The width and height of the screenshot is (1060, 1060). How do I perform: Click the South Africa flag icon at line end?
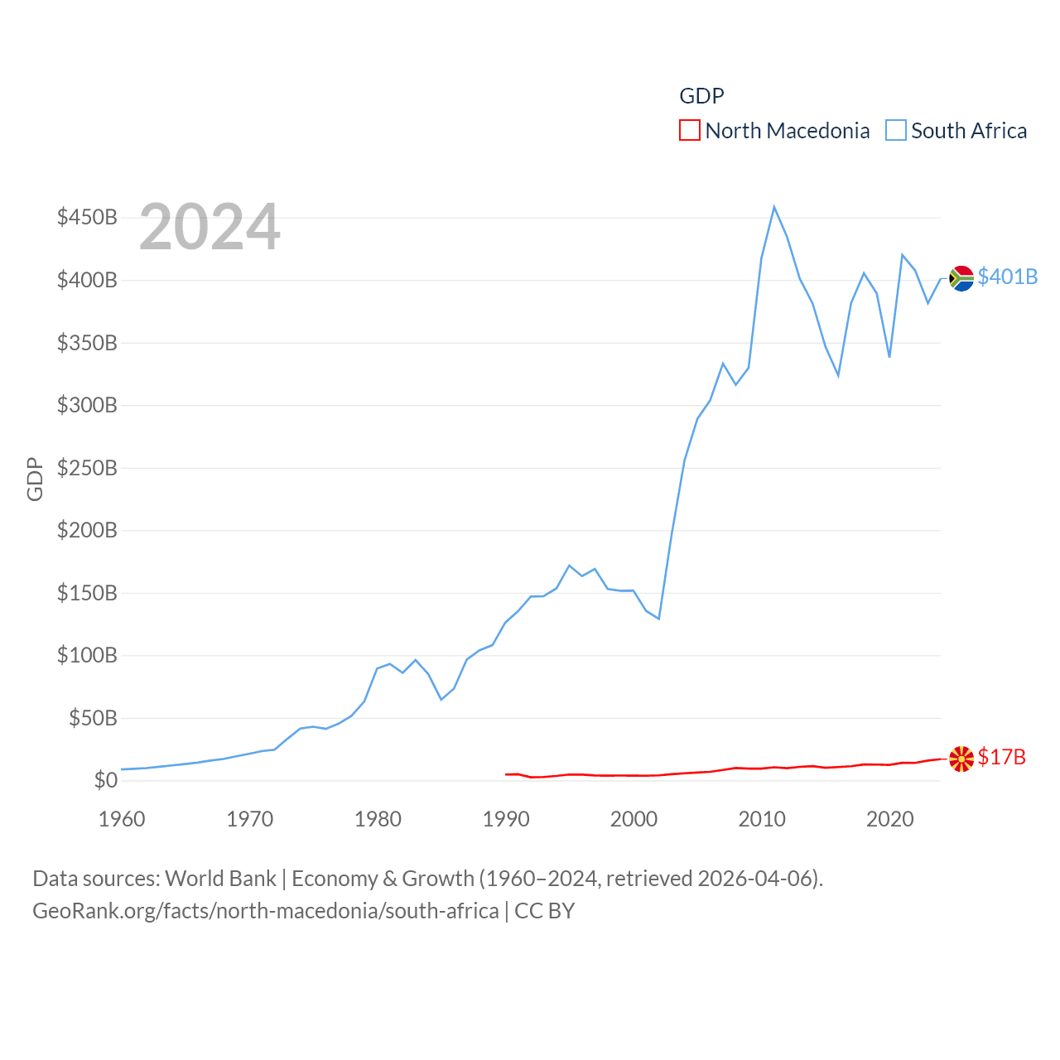(961, 278)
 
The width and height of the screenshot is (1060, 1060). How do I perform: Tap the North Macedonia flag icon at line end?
(961, 759)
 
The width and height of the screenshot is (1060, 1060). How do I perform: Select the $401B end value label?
(1007, 277)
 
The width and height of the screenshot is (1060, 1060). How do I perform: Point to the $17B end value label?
(1001, 757)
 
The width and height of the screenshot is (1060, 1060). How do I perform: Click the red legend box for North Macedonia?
(689, 131)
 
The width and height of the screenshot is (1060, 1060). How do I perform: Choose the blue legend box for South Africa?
(895, 131)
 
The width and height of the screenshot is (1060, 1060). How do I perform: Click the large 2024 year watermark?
(210, 227)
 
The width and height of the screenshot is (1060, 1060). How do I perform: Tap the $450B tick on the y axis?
(87, 218)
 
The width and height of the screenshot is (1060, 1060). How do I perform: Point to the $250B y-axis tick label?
(87, 468)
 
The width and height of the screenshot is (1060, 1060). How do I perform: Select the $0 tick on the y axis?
(105, 780)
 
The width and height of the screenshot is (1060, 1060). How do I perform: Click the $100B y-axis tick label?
(87, 656)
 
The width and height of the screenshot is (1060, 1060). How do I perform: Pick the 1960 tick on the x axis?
(122, 819)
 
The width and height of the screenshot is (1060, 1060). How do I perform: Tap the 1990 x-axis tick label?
(506, 819)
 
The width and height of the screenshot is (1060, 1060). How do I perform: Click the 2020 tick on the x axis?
(889, 819)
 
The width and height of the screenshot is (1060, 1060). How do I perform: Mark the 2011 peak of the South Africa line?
(774, 207)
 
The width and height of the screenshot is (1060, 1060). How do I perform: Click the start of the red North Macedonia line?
(506, 774)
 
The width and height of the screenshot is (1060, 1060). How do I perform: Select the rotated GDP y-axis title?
(35, 479)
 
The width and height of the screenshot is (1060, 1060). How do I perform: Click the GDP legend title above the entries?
(701, 96)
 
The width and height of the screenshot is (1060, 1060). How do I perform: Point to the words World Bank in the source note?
(220, 879)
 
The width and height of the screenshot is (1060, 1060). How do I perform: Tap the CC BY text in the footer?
(544, 911)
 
